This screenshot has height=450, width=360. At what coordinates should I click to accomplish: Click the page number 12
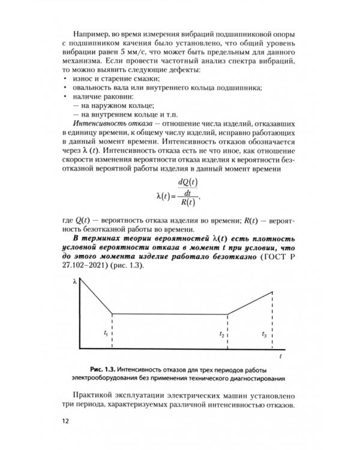pos(66,419)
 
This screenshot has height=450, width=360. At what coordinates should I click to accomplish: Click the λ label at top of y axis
pos(74,281)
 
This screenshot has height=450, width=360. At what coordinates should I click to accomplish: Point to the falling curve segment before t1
pos(96,297)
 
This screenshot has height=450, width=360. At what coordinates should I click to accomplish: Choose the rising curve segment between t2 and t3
pos(251,303)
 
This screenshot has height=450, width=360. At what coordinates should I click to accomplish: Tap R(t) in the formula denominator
pos(188,201)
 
